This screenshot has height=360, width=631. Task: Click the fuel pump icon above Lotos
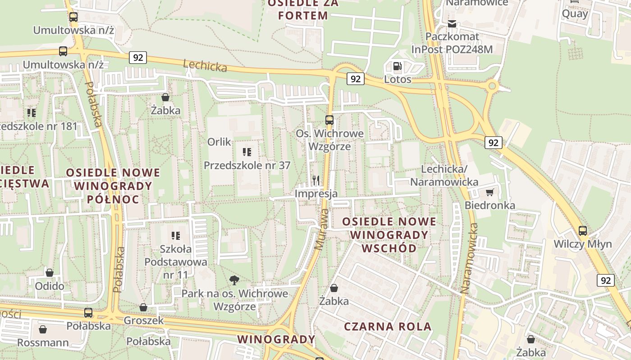[x=398, y=67]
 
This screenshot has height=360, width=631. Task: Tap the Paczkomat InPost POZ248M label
[x=452, y=43]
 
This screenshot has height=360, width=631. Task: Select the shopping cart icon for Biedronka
[x=489, y=193]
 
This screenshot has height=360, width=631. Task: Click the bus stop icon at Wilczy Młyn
[x=583, y=231]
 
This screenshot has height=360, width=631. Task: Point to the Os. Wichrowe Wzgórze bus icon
[x=329, y=120]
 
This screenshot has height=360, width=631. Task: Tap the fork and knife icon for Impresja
[x=316, y=180]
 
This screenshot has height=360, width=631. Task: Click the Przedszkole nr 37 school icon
[x=247, y=152]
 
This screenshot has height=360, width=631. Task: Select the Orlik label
[x=219, y=142]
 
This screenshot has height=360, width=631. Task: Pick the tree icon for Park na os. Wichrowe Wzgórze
[x=234, y=281]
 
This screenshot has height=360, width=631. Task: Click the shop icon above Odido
[x=50, y=273]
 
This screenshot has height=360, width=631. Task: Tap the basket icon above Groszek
[x=143, y=307]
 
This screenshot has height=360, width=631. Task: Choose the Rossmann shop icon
[x=43, y=330]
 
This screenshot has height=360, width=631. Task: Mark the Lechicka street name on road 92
[x=205, y=66]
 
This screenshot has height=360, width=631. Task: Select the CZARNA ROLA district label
[x=388, y=327]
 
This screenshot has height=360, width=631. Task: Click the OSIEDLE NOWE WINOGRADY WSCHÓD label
[x=389, y=234]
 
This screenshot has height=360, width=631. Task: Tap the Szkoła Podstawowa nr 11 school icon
[x=176, y=235]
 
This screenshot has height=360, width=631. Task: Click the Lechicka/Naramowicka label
[x=444, y=175]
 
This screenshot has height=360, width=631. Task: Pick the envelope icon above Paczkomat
[x=452, y=24]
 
